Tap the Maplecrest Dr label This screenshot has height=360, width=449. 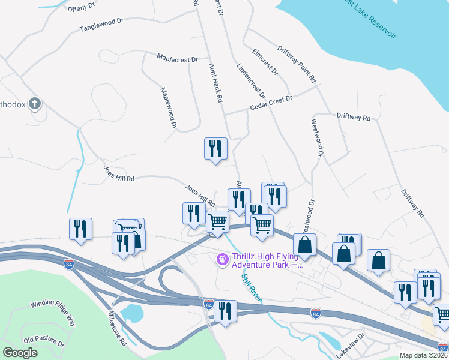(x=177, y=59)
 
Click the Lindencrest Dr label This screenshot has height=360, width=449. (x=251, y=81)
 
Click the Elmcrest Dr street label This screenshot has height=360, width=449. (x=265, y=62)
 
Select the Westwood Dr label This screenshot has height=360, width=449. (x=317, y=139)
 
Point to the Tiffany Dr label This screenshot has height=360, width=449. (x=82, y=7)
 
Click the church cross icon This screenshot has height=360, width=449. (x=35, y=104)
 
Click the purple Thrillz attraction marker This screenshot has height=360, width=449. (x=221, y=259)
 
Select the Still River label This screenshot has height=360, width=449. (x=251, y=286)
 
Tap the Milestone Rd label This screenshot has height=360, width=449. (x=116, y=328)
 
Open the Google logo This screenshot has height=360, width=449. (x=20, y=353)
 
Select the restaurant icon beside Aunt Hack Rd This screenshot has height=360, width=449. (x=215, y=149)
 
